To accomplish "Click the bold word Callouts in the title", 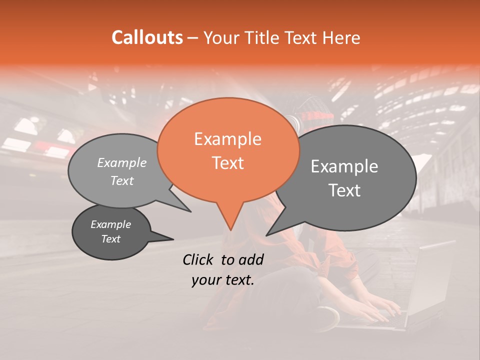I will pyautogui.click(x=147, y=37).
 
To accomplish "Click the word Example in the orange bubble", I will pyautogui.click(x=227, y=139).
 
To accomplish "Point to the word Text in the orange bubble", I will pyautogui.click(x=227, y=162).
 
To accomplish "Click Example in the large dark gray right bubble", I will pyautogui.click(x=344, y=166).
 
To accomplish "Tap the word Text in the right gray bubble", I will pyautogui.click(x=344, y=190).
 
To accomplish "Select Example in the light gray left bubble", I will pyautogui.click(x=122, y=162).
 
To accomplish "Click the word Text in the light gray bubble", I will pyautogui.click(x=122, y=181).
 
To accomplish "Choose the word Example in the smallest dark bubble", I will pyautogui.click(x=111, y=224).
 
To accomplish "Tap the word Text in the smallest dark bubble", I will pyautogui.click(x=111, y=239).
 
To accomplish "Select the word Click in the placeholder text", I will pyautogui.click(x=199, y=259).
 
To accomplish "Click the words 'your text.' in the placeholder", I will pyautogui.click(x=223, y=280).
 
